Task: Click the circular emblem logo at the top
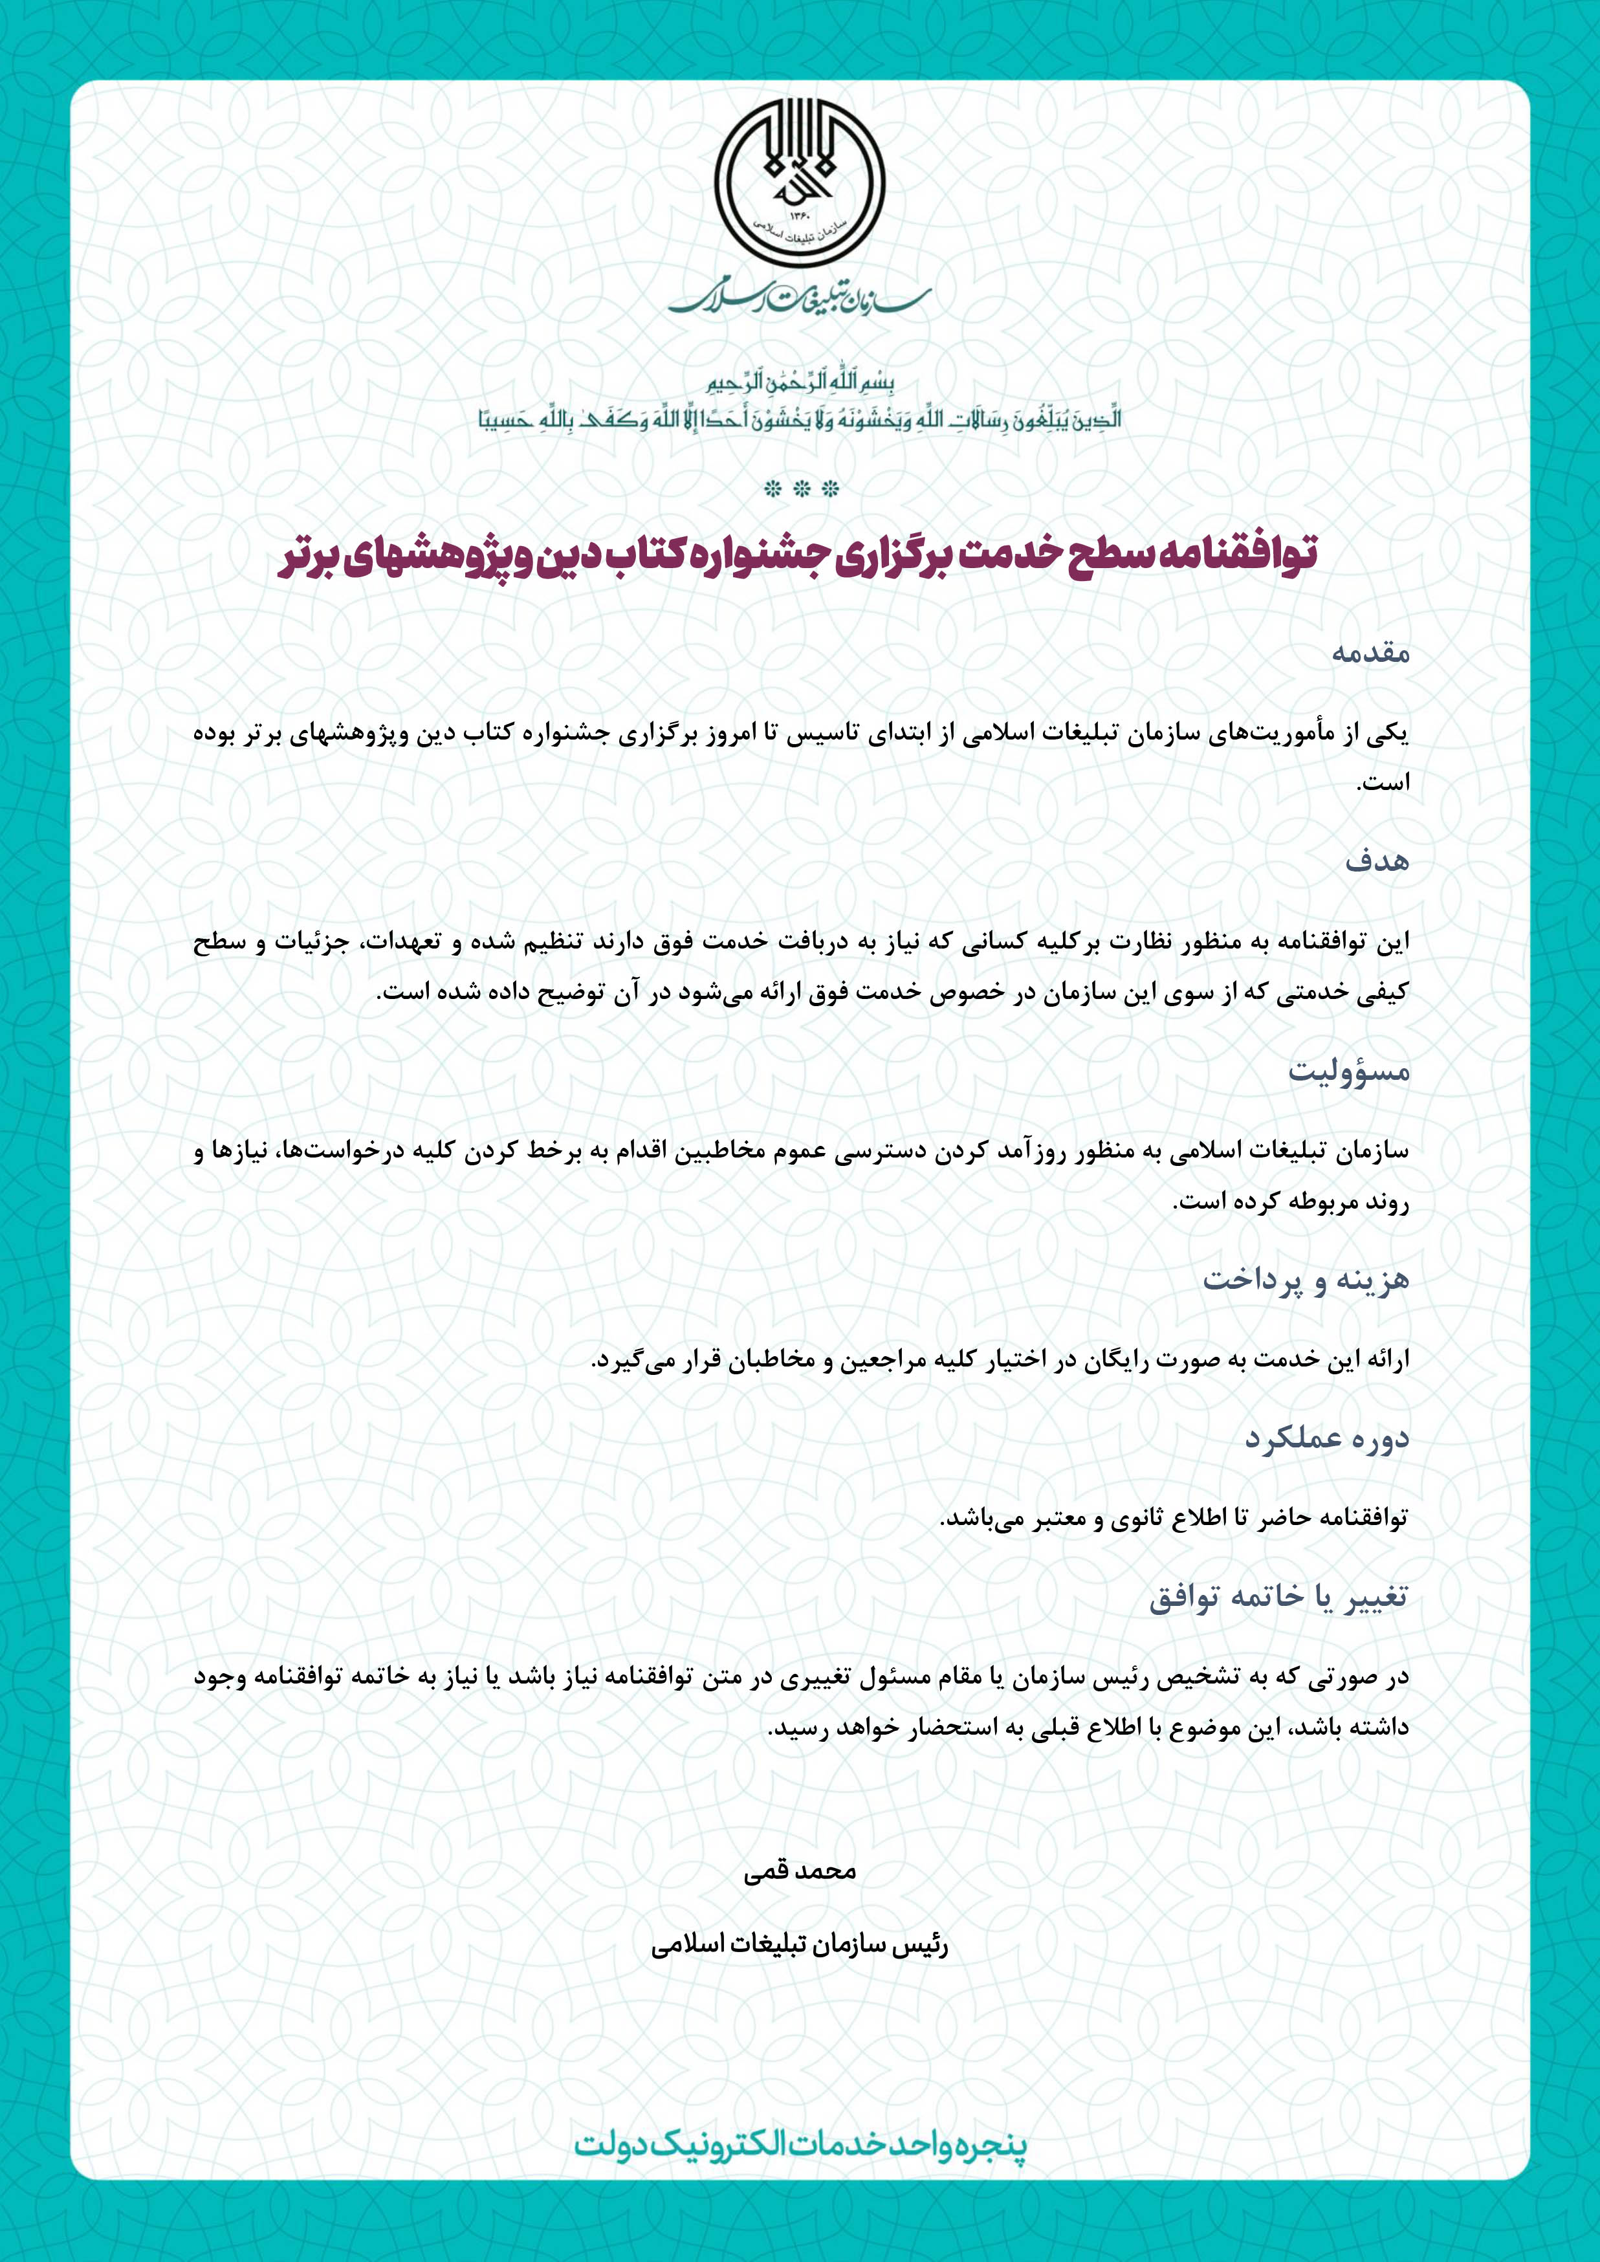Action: [x=799, y=186]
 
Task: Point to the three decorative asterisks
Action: [x=799, y=488]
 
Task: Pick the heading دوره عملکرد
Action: [x=1326, y=1438]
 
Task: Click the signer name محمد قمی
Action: [x=799, y=1871]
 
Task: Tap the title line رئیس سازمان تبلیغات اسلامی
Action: [x=799, y=1946]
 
